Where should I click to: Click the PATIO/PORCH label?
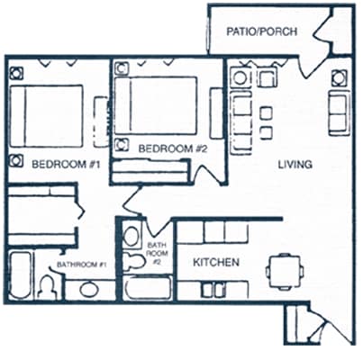point(260,31)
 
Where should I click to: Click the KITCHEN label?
point(217,263)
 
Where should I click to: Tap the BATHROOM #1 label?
point(82,265)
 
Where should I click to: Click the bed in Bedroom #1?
point(49,115)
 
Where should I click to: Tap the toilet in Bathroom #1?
point(47,286)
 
